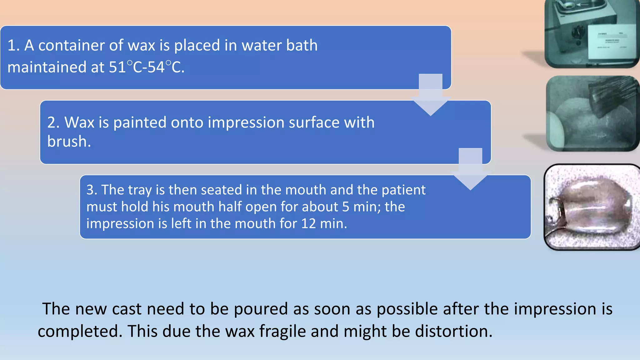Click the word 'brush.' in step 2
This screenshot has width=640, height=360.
point(69,142)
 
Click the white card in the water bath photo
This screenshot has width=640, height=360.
point(611,42)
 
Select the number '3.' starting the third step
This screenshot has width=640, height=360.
point(92,190)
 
